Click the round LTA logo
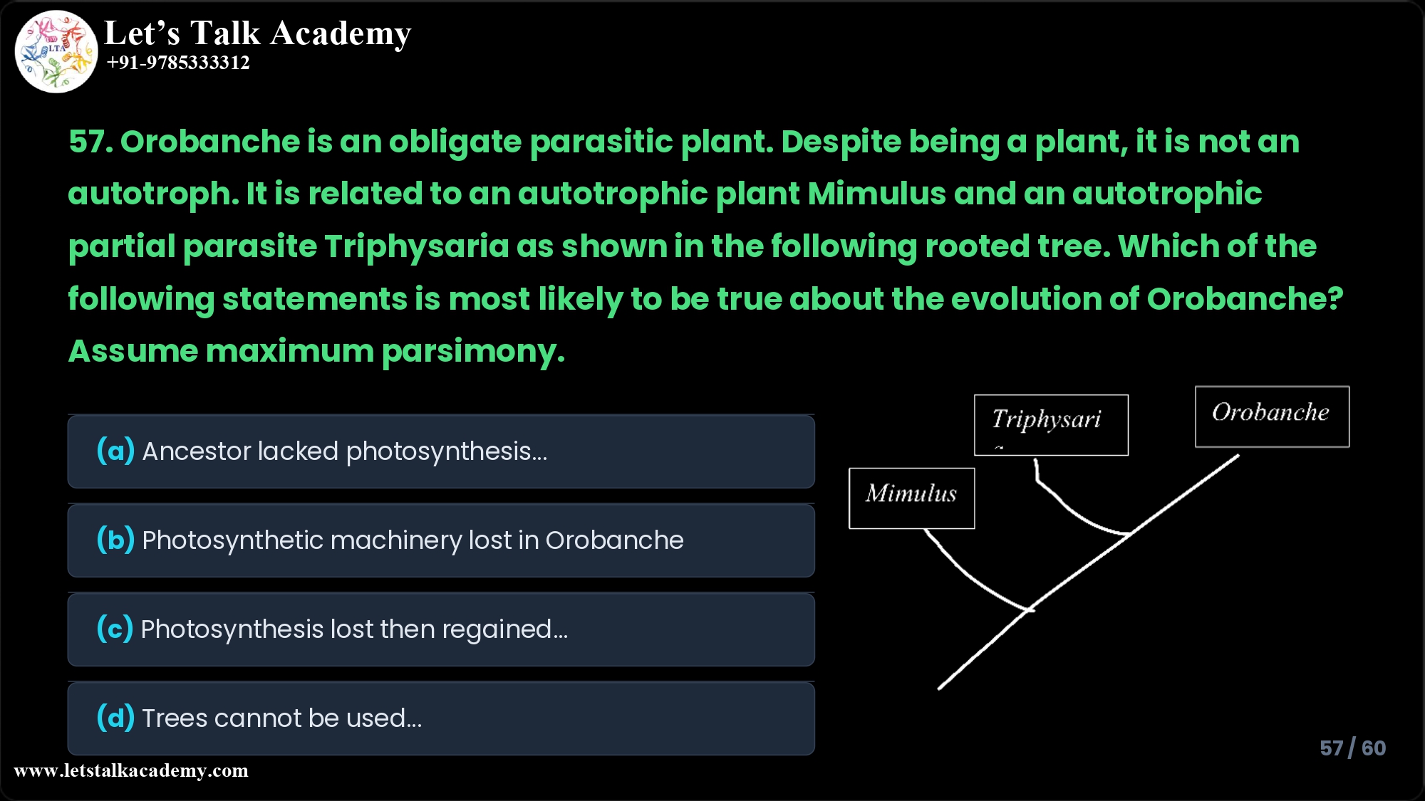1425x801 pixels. [56, 51]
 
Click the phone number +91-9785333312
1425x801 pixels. [178, 63]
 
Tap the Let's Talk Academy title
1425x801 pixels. [257, 33]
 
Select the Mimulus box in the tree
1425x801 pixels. [911, 498]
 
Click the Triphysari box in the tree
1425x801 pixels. [1051, 424]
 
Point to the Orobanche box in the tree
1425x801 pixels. [1272, 417]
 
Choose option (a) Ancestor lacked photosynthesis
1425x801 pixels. [440, 451]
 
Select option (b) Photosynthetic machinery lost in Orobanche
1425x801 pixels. [440, 540]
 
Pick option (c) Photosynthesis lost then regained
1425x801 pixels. [440, 629]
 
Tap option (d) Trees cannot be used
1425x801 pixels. [440, 718]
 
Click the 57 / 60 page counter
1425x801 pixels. [1352, 748]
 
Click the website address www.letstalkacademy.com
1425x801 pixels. [131, 770]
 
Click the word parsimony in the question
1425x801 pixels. [472, 351]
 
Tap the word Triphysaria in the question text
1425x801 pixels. [417, 246]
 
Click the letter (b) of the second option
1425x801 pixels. [115, 540]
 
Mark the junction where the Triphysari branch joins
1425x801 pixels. [1130, 533]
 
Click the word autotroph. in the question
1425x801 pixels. [152, 194]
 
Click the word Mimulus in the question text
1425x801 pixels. [876, 194]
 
